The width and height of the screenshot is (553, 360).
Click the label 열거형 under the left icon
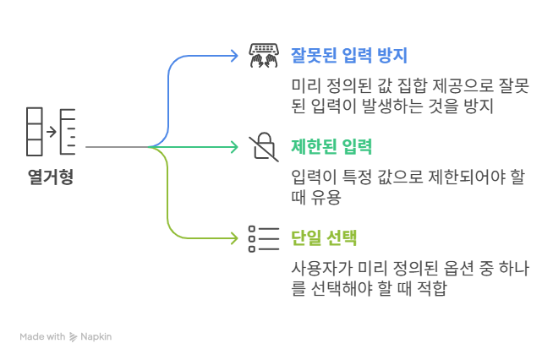tap(50, 178)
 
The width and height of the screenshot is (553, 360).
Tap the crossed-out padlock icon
tap(264, 147)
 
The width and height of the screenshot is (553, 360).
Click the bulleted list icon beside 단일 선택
tap(264, 238)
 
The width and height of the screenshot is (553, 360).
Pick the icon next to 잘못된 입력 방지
tap(264, 56)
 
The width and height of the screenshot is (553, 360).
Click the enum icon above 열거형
tap(51, 132)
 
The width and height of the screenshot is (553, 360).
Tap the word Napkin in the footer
tap(96, 336)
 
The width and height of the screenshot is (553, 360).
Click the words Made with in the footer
tap(42, 336)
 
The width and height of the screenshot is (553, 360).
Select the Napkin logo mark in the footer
tap(74, 336)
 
